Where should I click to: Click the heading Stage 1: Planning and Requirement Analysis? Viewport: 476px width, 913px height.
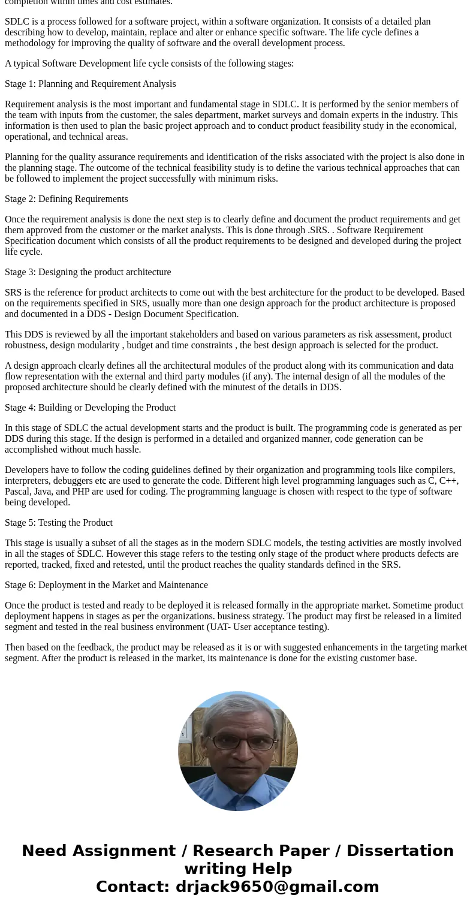pyautogui.click(x=90, y=84)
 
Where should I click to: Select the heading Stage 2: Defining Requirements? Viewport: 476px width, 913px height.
pyautogui.click(x=66, y=199)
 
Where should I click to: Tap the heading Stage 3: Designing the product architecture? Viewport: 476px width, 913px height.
pyautogui.click(x=88, y=272)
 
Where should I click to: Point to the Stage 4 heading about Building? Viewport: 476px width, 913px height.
pyautogui.click(x=90, y=408)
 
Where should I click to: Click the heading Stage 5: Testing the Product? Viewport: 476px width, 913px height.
pyautogui.click(x=59, y=523)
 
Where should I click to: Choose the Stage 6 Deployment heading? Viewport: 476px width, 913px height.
pyautogui.click(x=106, y=585)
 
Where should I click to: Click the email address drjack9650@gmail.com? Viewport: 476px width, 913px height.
pyautogui.click(x=277, y=887)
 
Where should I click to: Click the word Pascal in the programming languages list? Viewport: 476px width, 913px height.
pyautogui.click(x=19, y=492)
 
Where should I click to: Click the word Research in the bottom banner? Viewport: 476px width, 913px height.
pyautogui.click(x=231, y=851)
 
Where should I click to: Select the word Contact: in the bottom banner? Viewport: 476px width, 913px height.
pyautogui.click(x=132, y=887)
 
